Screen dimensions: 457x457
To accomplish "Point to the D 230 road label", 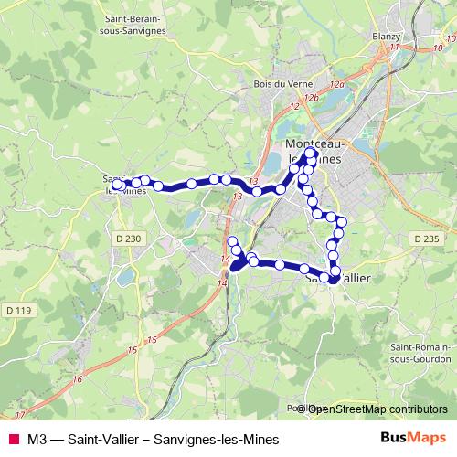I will pyautogui.click(x=132, y=239).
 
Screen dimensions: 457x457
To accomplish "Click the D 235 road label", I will pyautogui.click(x=426, y=239).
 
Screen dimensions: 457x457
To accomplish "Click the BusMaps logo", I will pyautogui.click(x=413, y=438).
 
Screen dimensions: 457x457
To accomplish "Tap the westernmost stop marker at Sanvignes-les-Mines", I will pyautogui.click(x=116, y=185).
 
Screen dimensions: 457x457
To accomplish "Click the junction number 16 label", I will pyautogui.click(x=78, y=379).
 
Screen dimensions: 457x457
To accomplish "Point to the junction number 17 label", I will pyautogui.click(x=20, y=415).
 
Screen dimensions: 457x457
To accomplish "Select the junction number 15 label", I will pyautogui.click(x=134, y=351).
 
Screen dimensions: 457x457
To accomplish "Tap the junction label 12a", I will pyautogui.click(x=337, y=84).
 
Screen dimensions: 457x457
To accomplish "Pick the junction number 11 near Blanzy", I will pyautogui.click(x=394, y=47).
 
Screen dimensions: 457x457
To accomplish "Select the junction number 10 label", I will pyautogui.click(x=439, y=48).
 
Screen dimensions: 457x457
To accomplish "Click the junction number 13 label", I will pyautogui.click(x=238, y=197).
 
